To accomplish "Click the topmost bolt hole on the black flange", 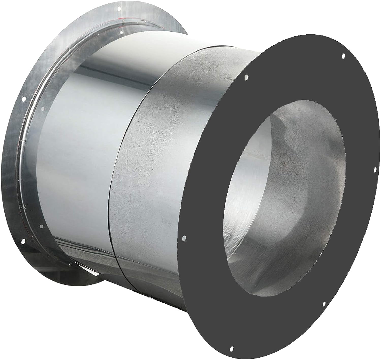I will (343, 56).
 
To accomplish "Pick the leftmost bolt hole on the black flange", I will (184, 238).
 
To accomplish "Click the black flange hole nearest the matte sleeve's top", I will (246, 77).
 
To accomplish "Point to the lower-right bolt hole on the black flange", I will (324, 304).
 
